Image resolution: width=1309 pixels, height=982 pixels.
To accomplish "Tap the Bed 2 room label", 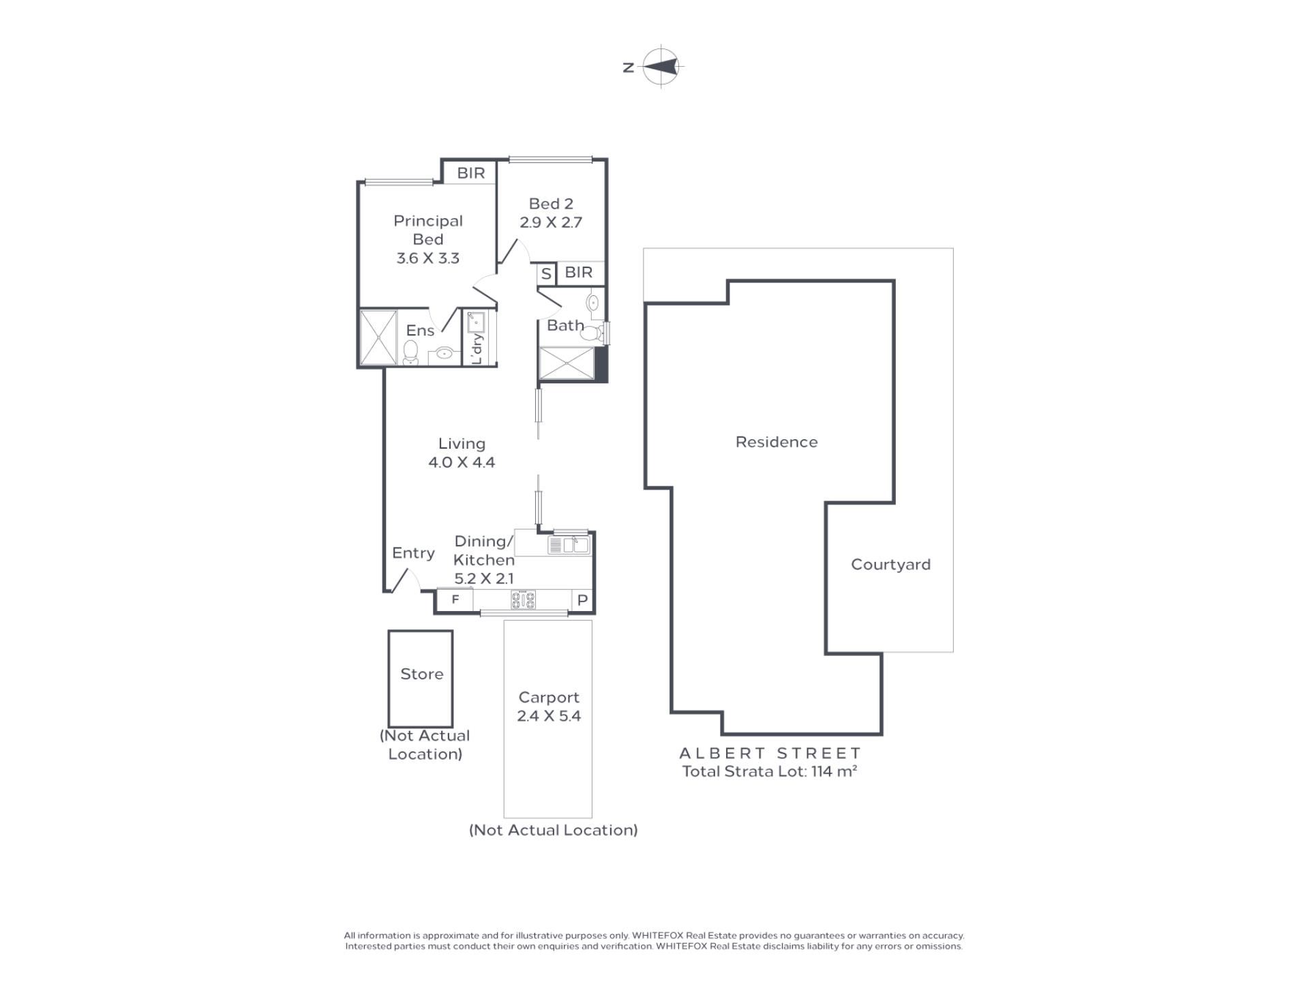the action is click(551, 204).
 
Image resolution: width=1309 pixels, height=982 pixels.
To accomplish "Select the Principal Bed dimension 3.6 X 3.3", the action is click(428, 258).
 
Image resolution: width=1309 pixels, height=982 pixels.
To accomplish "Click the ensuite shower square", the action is click(378, 338).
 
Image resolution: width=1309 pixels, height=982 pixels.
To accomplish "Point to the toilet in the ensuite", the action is click(410, 353).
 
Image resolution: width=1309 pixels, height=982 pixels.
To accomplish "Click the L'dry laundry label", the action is click(477, 348).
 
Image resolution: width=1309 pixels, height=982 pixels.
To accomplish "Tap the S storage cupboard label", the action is click(546, 274).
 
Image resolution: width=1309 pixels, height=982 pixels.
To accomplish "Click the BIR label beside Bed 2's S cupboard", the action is click(579, 272).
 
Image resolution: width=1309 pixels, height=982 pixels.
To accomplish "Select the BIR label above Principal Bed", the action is click(471, 173).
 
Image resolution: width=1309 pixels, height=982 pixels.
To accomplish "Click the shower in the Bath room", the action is click(567, 363).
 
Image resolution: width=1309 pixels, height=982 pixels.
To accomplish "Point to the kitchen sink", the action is click(569, 545).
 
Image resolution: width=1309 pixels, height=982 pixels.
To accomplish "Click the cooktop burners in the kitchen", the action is click(524, 600).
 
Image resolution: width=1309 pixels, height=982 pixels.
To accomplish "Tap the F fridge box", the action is click(455, 599).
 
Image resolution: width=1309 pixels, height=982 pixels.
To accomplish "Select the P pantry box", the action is click(583, 600).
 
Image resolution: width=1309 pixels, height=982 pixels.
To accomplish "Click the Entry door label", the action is click(413, 553).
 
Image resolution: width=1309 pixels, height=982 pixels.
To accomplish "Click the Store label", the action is click(422, 674).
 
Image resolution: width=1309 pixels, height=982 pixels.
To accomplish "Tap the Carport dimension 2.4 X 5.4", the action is click(549, 716).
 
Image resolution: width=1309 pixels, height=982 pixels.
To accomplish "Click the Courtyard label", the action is click(890, 565).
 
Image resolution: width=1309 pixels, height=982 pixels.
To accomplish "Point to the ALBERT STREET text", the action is click(770, 754).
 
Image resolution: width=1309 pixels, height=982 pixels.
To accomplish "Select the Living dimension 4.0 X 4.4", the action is click(462, 462).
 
